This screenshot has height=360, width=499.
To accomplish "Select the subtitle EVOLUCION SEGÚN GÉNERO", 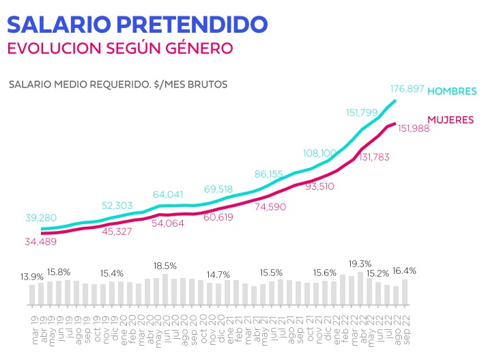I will (x=119, y=49).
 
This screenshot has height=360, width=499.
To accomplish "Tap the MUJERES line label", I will (x=451, y=120).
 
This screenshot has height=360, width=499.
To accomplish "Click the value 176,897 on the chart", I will (x=408, y=89).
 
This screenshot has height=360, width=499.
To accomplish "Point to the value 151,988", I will (x=409, y=128).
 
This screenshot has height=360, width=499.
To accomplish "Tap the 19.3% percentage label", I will (x=360, y=264).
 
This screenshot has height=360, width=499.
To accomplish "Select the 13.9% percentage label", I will (x=32, y=277).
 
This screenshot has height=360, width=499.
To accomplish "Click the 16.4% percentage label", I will (x=403, y=271).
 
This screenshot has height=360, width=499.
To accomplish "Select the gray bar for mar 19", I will (x=32, y=294).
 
